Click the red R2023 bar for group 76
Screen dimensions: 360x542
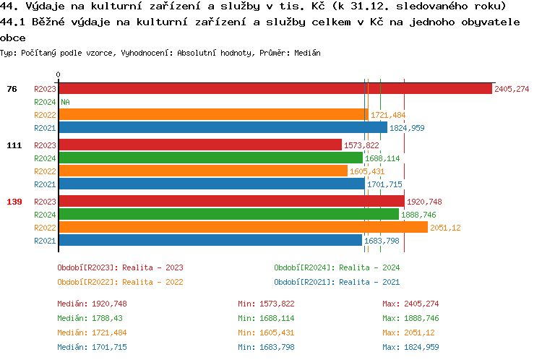pyautogui.click(x=275, y=89)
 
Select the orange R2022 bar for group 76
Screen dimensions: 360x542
pyautogui.click(x=213, y=115)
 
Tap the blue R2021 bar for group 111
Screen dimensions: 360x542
pyautogui.click(x=211, y=184)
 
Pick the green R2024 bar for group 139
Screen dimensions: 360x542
pyautogui.click(x=228, y=214)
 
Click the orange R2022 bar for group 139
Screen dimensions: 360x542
pyautogui.click(x=243, y=227)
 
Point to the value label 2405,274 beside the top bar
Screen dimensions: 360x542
pyautogui.click(x=512, y=89)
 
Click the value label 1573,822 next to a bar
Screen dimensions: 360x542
pyautogui.click(x=362, y=145)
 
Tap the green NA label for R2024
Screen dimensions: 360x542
pyautogui.click(x=65, y=102)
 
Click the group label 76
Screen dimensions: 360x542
pyautogui.click(x=12, y=89)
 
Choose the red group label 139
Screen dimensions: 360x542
pyautogui.click(x=14, y=201)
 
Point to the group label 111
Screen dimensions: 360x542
pyautogui.click(x=14, y=145)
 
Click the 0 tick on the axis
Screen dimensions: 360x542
pyautogui.click(x=58, y=74)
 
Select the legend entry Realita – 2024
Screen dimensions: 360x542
pyautogui.click(x=337, y=267)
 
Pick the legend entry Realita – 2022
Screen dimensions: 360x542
pyautogui.click(x=120, y=282)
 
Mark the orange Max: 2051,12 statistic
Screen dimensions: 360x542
pyautogui.click(x=408, y=333)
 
